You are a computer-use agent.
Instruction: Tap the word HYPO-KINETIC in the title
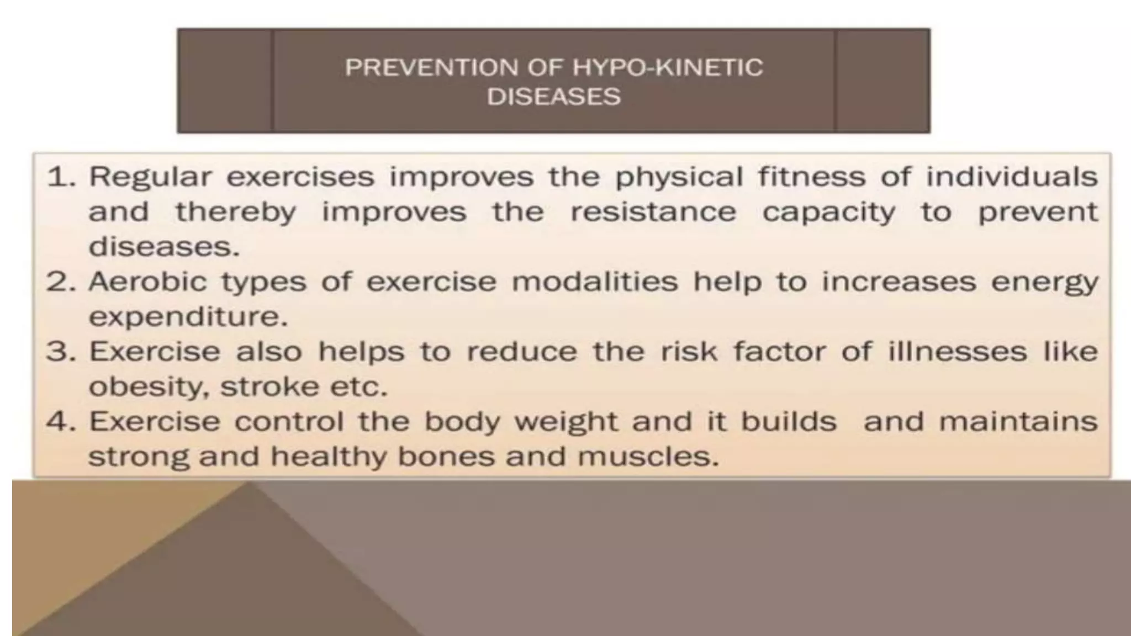[x=667, y=68]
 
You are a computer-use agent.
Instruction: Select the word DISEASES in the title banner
[x=553, y=97]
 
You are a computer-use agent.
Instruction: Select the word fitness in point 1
[x=811, y=177]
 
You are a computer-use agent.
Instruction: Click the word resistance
[x=653, y=213]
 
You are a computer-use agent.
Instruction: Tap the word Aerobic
[x=147, y=282]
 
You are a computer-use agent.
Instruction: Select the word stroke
[x=269, y=386]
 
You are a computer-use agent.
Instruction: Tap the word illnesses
[x=957, y=352]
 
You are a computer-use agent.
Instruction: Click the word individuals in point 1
[x=1012, y=177]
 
